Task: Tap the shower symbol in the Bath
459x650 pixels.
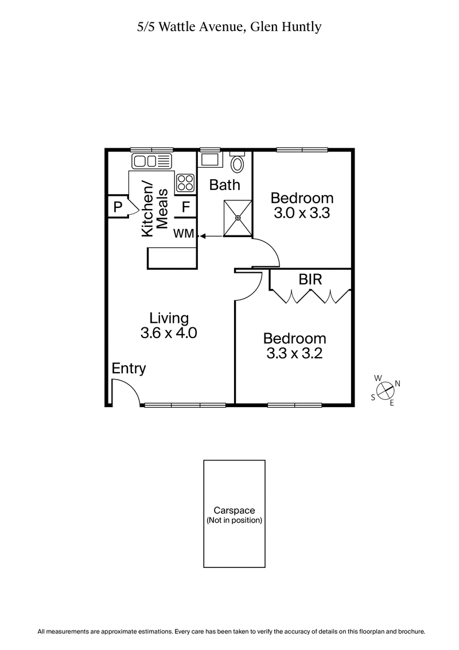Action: pos(238,218)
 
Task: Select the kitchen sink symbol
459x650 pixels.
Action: pos(152,161)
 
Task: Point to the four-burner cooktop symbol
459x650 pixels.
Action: pos(185,183)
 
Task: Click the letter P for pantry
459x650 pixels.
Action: pos(118,207)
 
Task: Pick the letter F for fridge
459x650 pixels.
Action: pos(186,207)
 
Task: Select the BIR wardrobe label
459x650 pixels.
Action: pos(310,280)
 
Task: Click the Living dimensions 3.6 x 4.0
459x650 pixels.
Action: pos(169,333)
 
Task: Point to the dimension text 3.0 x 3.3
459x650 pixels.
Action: pos(302,213)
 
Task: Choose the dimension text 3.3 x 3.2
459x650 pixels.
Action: pos(294,353)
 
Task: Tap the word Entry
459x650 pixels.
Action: pos(129,369)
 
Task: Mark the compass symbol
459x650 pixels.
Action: pos(386,390)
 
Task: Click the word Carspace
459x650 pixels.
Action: pos(234,510)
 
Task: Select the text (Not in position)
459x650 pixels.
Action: pos(234,520)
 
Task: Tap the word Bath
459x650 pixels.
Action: pos(224,185)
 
